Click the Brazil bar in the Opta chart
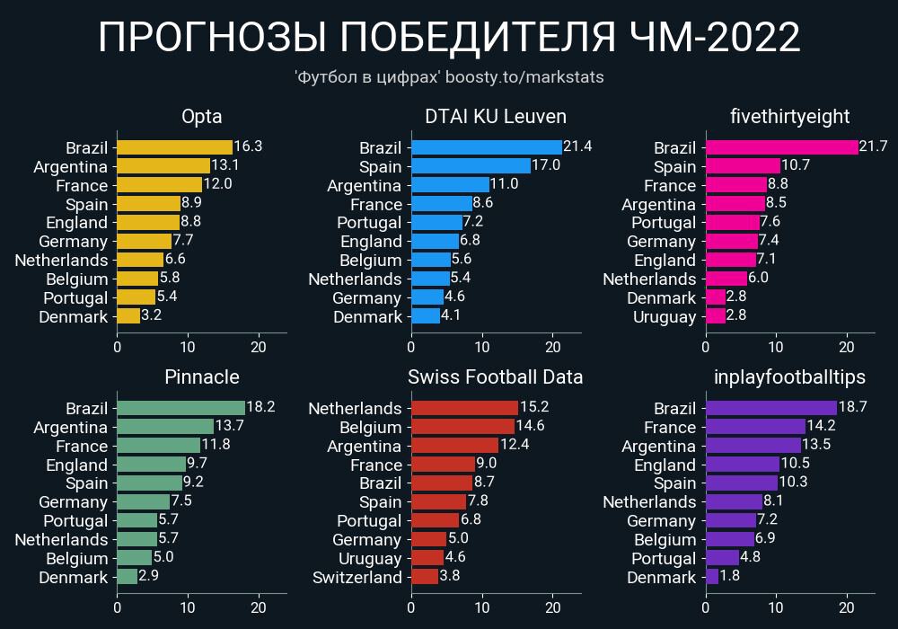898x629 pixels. [x=174, y=147]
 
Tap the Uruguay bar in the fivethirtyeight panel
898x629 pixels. [x=716, y=316]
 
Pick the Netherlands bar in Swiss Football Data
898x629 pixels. [x=464, y=408]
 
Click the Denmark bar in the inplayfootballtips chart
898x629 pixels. [x=712, y=577]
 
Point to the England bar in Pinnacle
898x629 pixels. [x=151, y=465]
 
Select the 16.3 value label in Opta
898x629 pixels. [x=247, y=146]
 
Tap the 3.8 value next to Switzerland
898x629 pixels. [x=450, y=576]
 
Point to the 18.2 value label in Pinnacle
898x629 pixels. [x=260, y=407]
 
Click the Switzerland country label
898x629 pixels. [x=357, y=577]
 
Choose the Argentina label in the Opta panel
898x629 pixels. [x=70, y=167]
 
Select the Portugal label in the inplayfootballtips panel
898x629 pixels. [x=664, y=559]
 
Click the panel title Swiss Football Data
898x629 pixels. [x=496, y=377]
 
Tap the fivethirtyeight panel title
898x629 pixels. [x=790, y=117]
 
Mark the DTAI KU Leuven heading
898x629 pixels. [x=496, y=117]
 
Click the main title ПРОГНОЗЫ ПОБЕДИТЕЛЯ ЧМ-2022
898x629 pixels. [x=449, y=39]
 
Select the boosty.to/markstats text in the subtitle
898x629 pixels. [x=524, y=77]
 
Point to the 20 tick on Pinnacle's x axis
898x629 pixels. [x=260, y=608]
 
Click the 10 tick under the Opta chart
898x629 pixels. [x=188, y=348]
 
